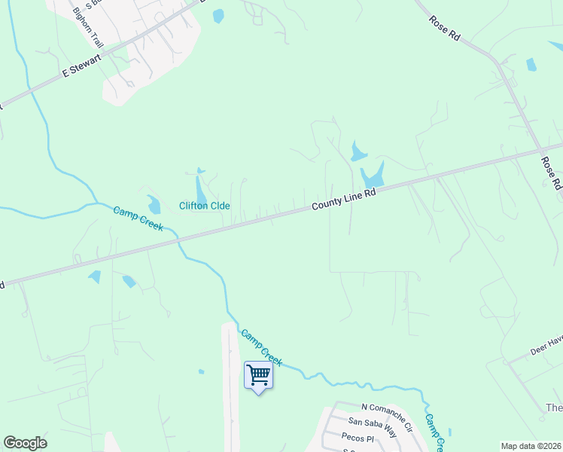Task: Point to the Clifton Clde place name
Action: tap(204, 206)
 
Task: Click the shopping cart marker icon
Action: tap(258, 374)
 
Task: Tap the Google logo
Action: tap(25, 443)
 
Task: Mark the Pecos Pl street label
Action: tap(358, 438)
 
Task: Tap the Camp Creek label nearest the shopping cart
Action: tap(261, 347)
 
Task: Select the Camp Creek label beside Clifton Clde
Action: tap(138, 218)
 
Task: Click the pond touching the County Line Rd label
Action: tap(373, 177)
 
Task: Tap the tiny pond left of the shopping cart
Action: tap(200, 371)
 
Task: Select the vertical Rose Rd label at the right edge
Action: tap(551, 173)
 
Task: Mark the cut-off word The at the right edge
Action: tap(553, 408)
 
